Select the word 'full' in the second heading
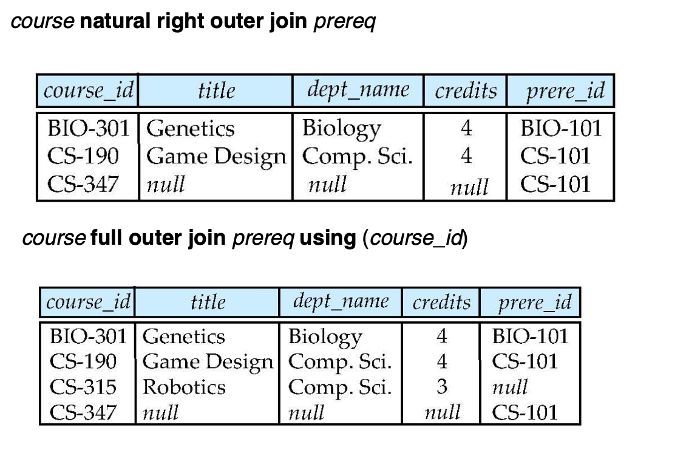(x=107, y=237)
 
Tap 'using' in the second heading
(x=327, y=237)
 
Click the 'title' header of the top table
(x=216, y=91)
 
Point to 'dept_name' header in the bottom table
(x=341, y=301)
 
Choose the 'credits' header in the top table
(x=466, y=91)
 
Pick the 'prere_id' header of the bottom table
(x=535, y=302)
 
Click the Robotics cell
(x=183, y=387)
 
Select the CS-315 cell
(x=83, y=387)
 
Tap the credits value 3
(x=442, y=387)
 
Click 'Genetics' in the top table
(x=191, y=129)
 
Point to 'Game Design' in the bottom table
(x=208, y=362)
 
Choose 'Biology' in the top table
(x=342, y=129)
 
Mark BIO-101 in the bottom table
(x=531, y=336)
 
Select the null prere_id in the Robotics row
(x=510, y=387)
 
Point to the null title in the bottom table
(x=160, y=414)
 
